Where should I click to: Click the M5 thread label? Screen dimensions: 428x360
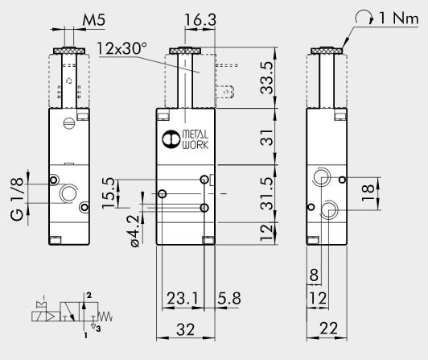tap(93, 19)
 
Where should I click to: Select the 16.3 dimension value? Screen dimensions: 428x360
tap(200, 19)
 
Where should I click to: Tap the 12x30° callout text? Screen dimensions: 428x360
tap(121, 48)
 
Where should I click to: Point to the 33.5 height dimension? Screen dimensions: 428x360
tap(266, 77)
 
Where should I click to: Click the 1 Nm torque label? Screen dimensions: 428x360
tap(398, 19)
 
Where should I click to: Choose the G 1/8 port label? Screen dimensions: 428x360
tap(17, 199)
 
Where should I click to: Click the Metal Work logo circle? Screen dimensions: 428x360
tap(171, 139)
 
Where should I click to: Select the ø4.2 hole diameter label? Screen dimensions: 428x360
tap(134, 231)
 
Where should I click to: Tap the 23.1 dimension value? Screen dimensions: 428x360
tap(182, 298)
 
